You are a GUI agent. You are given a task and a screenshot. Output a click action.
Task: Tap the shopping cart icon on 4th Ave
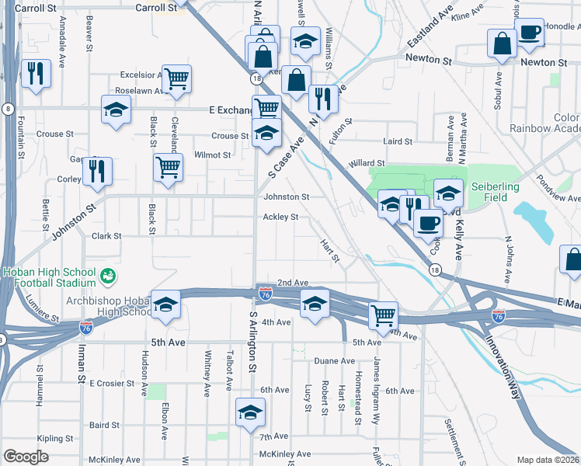[x=383, y=315]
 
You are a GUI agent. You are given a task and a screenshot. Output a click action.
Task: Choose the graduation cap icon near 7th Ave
[x=250, y=412]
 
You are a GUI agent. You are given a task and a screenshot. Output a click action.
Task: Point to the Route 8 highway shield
[x=7, y=108]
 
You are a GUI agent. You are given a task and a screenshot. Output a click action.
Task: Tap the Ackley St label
[x=280, y=217]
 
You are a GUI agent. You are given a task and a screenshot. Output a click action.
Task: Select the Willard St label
[x=367, y=164]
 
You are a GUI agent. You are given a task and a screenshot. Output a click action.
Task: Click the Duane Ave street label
[x=335, y=361]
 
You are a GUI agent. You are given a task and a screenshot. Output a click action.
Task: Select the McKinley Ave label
[x=285, y=454]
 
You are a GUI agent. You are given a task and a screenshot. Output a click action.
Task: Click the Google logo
[x=26, y=457]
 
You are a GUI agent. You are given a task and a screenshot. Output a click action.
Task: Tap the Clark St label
[x=107, y=235]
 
